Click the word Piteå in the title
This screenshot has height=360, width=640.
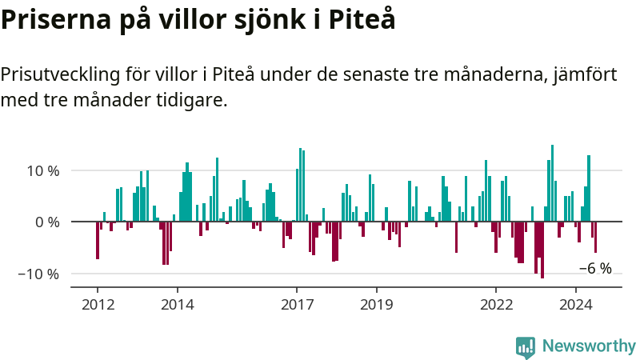[x=362, y=18]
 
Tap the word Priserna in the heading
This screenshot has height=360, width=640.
[x=56, y=19]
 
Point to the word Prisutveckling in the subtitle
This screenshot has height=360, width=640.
[x=61, y=75]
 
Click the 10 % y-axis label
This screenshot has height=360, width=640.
[x=43, y=170]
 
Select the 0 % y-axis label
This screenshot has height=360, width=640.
[x=47, y=222]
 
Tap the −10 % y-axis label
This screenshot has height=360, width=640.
[x=38, y=274]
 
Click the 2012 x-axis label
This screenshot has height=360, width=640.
[x=98, y=305]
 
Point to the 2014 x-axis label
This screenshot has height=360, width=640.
[x=178, y=305]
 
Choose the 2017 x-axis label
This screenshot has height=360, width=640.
[x=297, y=305]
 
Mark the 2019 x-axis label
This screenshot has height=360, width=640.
[x=376, y=305]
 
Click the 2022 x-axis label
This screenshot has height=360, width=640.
[x=496, y=305]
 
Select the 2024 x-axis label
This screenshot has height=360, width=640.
[x=575, y=305]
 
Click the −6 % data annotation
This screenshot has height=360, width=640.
[x=595, y=268]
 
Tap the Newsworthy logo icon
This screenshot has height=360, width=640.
[x=526, y=347]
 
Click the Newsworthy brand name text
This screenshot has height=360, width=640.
[x=589, y=346]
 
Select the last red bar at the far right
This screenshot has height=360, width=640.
[x=595, y=237]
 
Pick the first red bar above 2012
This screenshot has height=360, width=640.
[x=98, y=241]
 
